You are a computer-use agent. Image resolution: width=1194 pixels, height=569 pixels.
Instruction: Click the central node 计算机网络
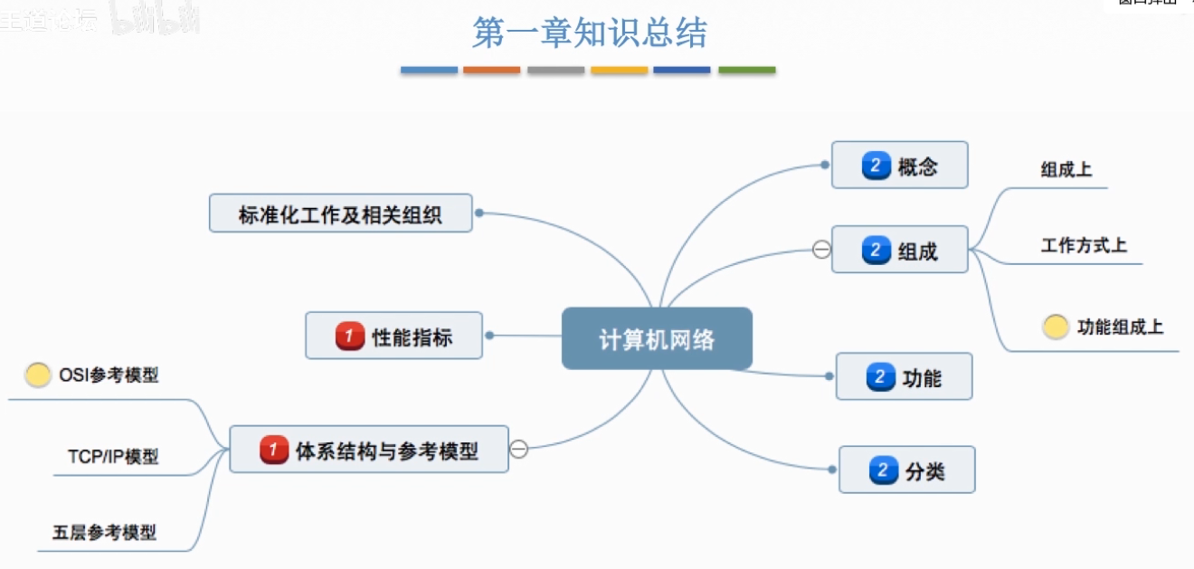click(657, 338)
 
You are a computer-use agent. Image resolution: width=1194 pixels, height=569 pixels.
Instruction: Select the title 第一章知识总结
click(590, 33)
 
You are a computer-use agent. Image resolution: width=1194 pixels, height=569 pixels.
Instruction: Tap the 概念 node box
click(899, 165)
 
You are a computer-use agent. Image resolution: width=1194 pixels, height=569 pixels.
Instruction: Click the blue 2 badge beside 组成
click(876, 250)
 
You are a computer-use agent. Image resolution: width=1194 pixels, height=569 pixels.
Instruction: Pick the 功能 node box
click(904, 376)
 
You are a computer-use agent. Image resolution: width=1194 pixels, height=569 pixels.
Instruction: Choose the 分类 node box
click(906, 469)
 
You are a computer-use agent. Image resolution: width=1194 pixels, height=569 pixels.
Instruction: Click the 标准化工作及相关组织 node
click(340, 213)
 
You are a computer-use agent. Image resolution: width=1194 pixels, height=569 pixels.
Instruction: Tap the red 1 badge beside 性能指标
click(349, 337)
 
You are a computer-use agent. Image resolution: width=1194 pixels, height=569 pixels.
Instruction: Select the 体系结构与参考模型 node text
click(387, 450)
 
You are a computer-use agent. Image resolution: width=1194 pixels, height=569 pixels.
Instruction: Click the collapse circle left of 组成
click(821, 250)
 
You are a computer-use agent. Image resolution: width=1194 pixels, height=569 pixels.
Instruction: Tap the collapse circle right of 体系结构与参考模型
click(519, 449)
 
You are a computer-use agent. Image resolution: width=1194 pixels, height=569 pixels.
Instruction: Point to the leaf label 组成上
click(1066, 169)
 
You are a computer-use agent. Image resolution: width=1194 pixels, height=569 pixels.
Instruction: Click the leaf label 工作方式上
click(1084, 245)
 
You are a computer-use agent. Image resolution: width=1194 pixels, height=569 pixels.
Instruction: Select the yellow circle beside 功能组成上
click(1056, 327)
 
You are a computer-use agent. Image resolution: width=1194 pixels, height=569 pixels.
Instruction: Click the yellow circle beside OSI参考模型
click(38, 375)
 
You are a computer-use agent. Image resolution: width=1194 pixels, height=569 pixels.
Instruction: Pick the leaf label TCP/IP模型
click(113, 456)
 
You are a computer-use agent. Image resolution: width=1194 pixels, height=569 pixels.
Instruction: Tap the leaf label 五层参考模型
click(104, 532)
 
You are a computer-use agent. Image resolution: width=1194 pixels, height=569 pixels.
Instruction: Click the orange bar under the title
click(491, 70)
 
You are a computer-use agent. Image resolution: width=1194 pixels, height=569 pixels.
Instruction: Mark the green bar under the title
click(746, 70)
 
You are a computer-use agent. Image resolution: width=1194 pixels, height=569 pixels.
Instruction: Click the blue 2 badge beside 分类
click(882, 470)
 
